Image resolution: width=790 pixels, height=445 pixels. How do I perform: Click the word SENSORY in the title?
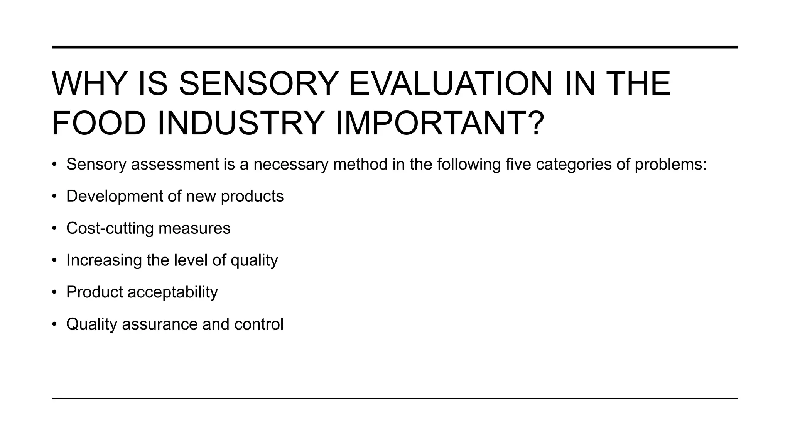259,84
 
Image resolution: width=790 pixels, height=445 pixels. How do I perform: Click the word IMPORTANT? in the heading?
440,123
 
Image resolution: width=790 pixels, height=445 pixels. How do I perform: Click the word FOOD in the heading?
99,123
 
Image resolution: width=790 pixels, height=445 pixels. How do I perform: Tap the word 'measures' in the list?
194,228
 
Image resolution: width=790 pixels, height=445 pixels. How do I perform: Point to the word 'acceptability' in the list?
172,292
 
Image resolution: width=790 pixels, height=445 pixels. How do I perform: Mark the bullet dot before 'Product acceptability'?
55,292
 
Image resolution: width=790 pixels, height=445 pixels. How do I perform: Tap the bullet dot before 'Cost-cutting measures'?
55,228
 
